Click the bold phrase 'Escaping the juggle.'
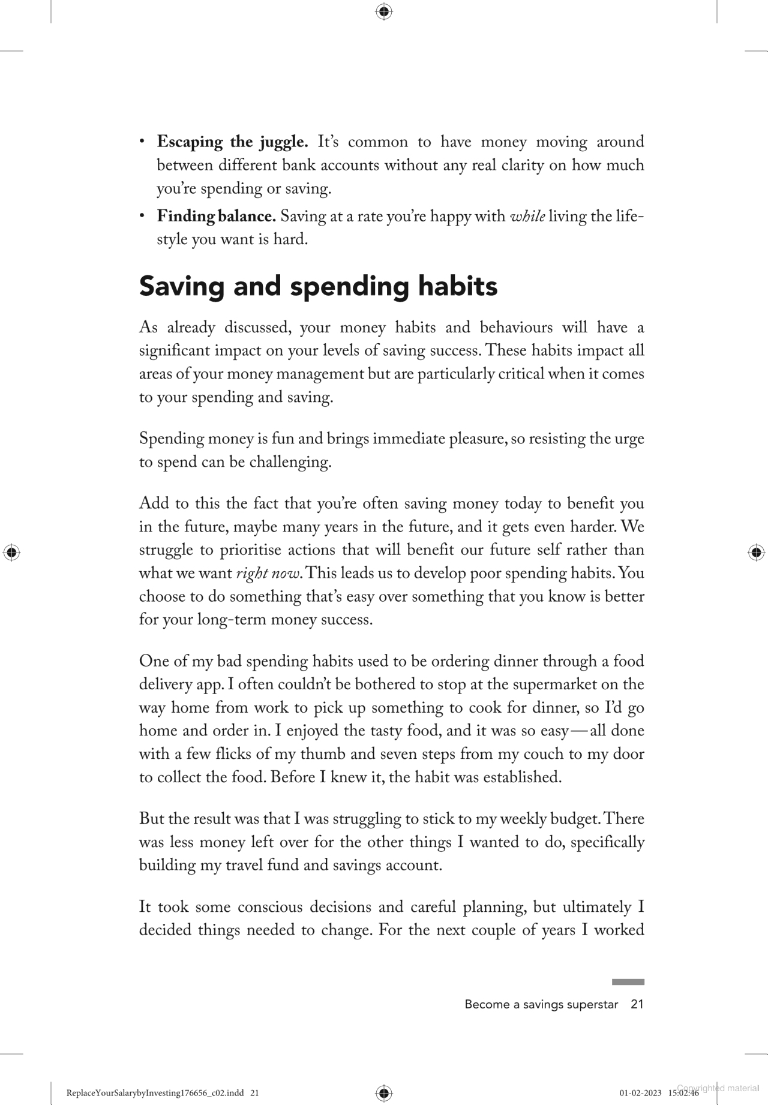(232, 142)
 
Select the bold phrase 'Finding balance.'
(216, 216)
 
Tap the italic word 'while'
(527, 216)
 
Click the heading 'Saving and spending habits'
(318, 286)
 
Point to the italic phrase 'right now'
(268, 573)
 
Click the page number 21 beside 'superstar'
(637, 1004)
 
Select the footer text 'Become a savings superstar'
(541, 1004)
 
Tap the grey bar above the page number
(628, 982)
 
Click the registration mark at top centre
(384, 11)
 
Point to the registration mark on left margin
(11, 552)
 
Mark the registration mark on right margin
(756, 552)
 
